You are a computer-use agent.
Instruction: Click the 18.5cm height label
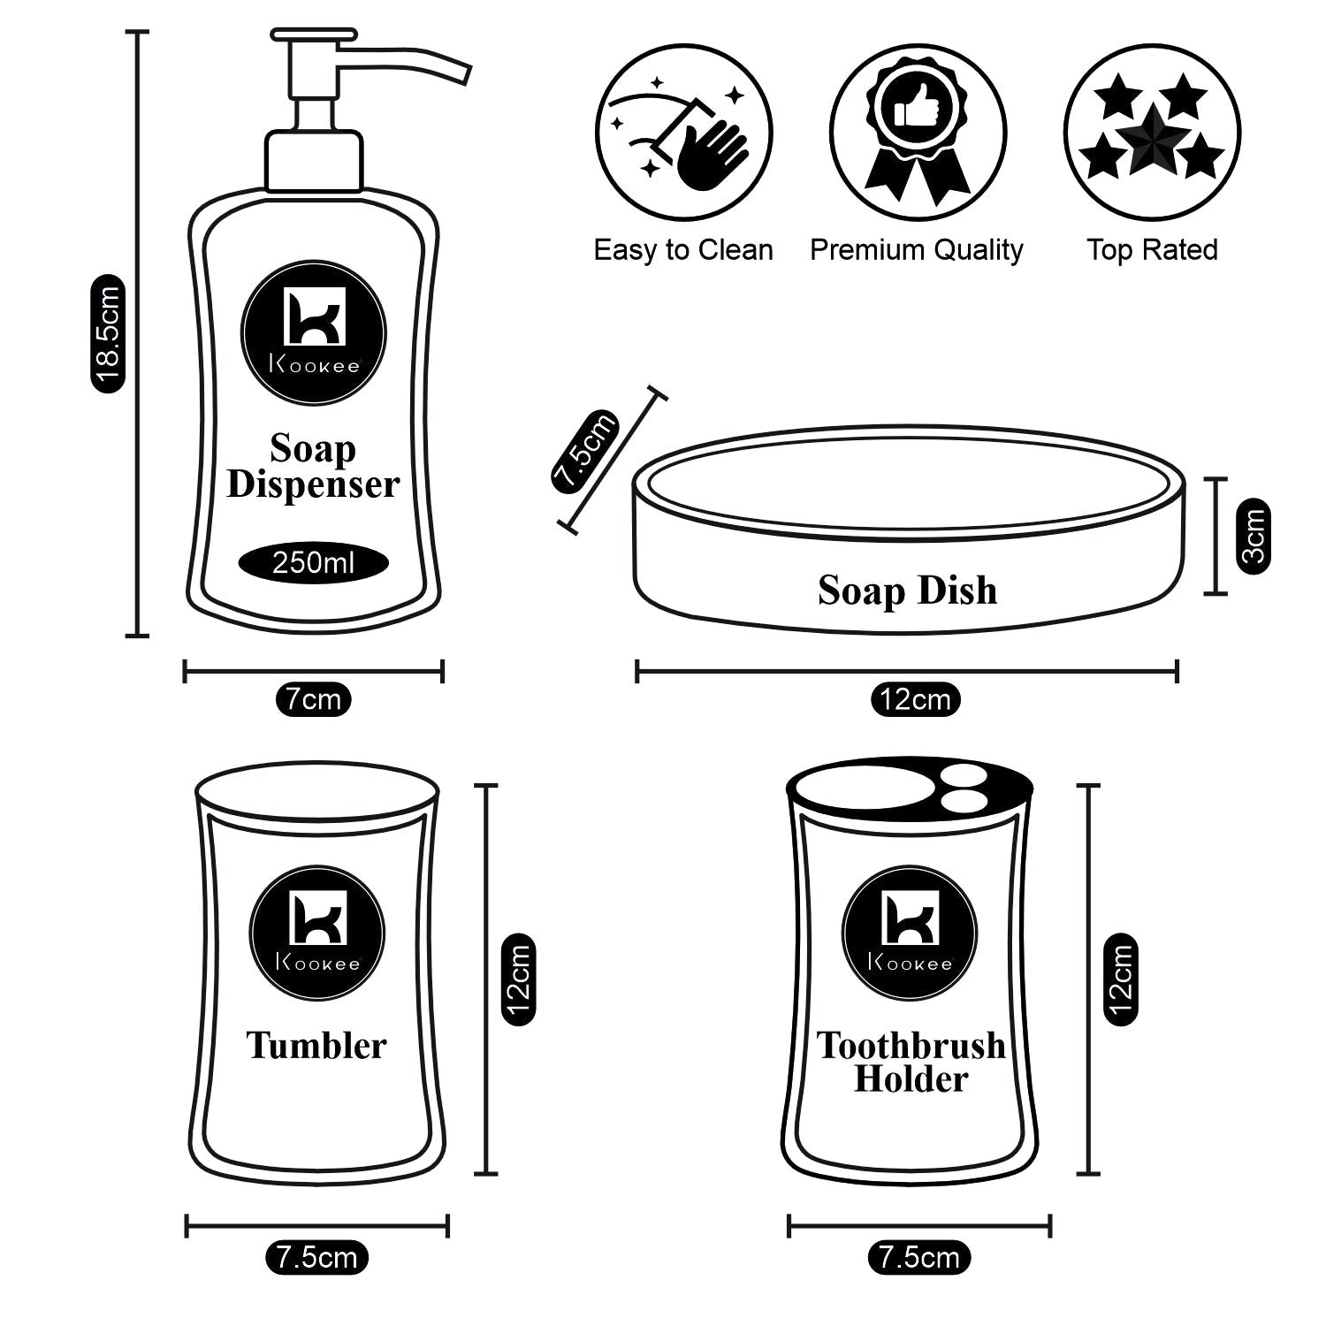pyautogui.click(x=108, y=333)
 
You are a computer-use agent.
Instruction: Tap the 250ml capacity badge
pyautogui.click(x=313, y=562)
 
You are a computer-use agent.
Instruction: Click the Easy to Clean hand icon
pyautogui.click(x=683, y=133)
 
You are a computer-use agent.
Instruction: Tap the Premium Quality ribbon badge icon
pyautogui.click(x=918, y=133)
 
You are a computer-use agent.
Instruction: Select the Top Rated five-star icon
pyautogui.click(x=1152, y=133)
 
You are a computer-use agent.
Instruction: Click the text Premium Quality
pyautogui.click(x=917, y=250)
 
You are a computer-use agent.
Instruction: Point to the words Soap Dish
pyautogui.click(x=907, y=591)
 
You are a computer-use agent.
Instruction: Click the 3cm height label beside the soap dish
pyautogui.click(x=1254, y=536)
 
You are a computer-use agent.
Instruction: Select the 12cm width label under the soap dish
pyautogui.click(x=916, y=699)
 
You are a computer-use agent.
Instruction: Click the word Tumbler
pyautogui.click(x=316, y=1045)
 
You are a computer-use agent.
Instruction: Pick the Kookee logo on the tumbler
pyautogui.click(x=316, y=934)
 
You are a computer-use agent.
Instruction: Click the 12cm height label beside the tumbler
pyautogui.click(x=518, y=979)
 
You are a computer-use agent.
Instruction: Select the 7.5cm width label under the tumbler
pyautogui.click(x=316, y=1257)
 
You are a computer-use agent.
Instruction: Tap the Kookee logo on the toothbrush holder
pyautogui.click(x=910, y=934)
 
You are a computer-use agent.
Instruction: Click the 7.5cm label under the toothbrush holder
pyautogui.click(x=919, y=1257)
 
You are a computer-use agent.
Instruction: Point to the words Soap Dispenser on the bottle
pyautogui.click(x=313, y=467)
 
